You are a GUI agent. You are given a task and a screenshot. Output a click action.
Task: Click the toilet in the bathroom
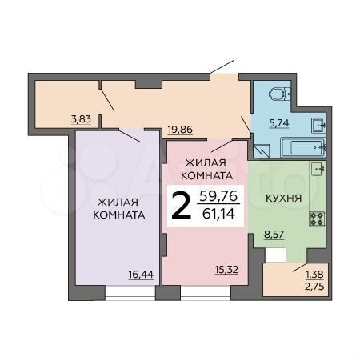click(278, 94)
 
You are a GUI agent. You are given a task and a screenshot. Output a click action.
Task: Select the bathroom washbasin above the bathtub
click(318, 124)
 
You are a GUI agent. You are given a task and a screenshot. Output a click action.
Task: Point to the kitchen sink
click(318, 169)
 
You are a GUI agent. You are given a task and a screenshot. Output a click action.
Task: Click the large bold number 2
click(182, 206)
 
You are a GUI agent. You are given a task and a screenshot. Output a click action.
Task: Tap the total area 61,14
click(223, 215)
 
